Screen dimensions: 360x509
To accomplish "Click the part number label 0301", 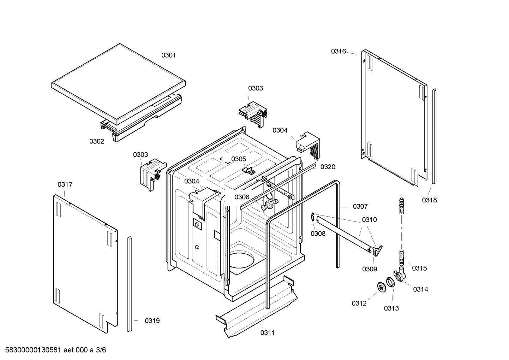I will (x=168, y=55).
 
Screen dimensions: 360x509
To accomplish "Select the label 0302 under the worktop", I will (x=96, y=141).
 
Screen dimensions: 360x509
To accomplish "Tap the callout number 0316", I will (x=338, y=51).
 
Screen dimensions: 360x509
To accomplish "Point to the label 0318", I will (x=429, y=200).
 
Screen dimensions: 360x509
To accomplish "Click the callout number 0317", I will (x=65, y=184).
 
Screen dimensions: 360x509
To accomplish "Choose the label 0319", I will (x=152, y=321).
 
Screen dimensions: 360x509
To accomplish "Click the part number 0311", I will (x=268, y=332).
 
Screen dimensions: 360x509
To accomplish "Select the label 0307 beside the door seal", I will (x=360, y=206).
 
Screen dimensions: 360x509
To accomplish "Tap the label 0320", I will (x=328, y=167).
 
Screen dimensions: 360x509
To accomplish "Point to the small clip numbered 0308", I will (x=313, y=218).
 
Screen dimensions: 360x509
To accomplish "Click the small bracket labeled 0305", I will (x=249, y=170).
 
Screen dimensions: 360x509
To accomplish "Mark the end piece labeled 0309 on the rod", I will (x=377, y=250).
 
